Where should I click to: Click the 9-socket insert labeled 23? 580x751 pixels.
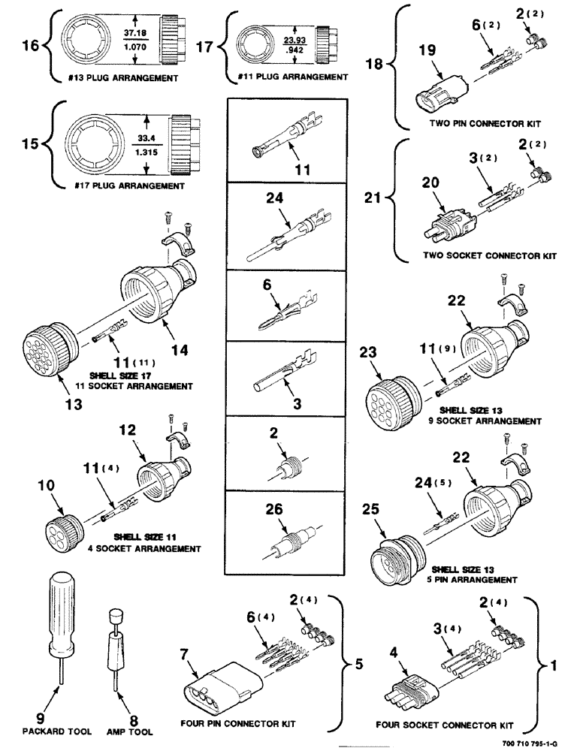click(x=390, y=395)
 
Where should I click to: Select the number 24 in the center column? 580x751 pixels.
click(x=274, y=201)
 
